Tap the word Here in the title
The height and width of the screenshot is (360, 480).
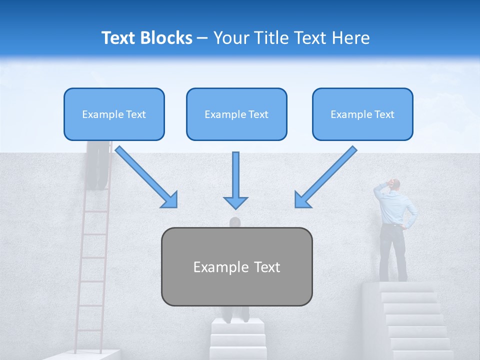click(x=349, y=38)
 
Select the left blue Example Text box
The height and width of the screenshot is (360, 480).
click(x=114, y=114)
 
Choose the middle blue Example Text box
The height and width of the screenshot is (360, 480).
click(x=236, y=114)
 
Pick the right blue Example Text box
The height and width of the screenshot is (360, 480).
click(x=362, y=114)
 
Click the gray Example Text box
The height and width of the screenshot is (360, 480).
click(x=236, y=267)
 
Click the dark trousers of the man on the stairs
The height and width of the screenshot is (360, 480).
click(x=392, y=252)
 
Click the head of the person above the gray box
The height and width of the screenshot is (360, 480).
click(x=235, y=222)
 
